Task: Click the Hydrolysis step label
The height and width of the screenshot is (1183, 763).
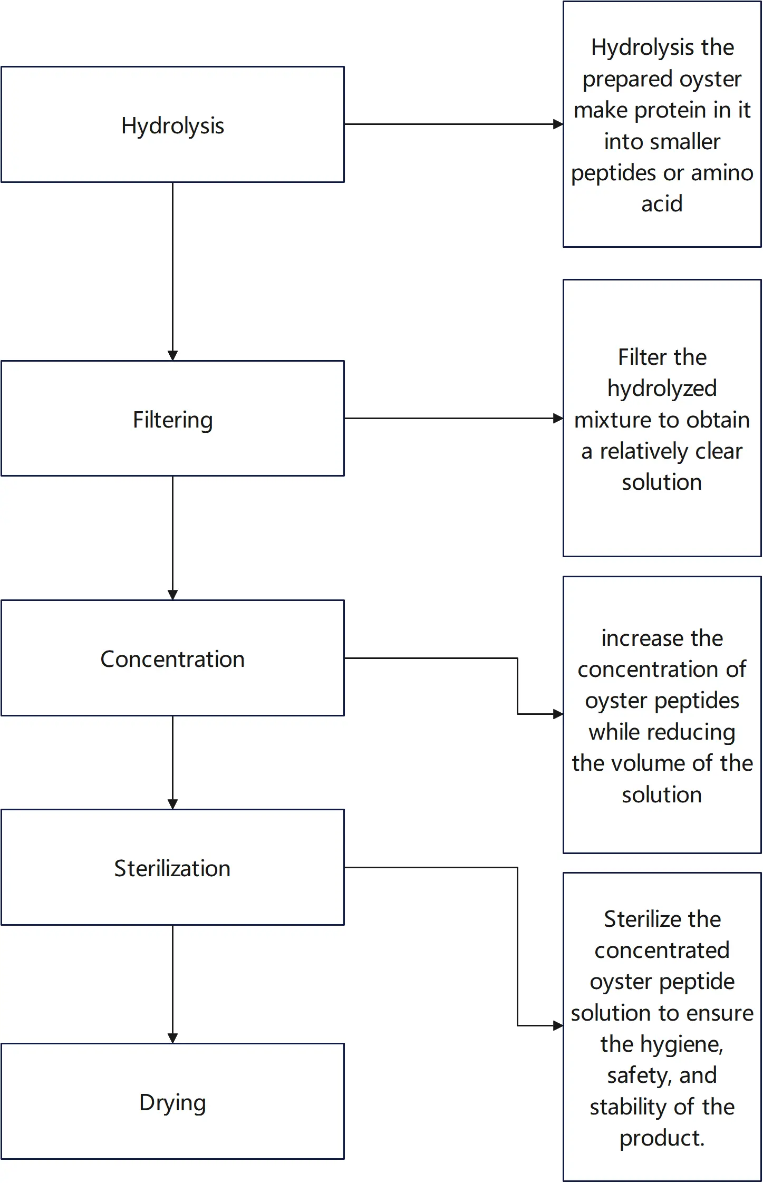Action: click(x=172, y=126)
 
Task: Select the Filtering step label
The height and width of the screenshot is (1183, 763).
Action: click(x=172, y=420)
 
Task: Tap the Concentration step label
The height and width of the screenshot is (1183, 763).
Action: click(x=172, y=660)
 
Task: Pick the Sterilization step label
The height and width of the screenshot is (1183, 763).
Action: click(x=172, y=869)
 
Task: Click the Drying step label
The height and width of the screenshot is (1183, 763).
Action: click(x=172, y=1102)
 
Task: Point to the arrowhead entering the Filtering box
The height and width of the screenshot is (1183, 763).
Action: click(x=172, y=355)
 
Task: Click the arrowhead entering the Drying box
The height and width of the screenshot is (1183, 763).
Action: click(x=172, y=1038)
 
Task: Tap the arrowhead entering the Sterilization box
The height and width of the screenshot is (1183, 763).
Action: click(x=172, y=804)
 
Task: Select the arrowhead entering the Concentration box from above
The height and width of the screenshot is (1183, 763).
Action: click(x=172, y=595)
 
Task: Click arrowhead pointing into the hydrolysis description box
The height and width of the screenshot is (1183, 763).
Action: click(x=558, y=124)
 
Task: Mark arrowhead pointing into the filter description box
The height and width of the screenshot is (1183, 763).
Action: click(x=558, y=419)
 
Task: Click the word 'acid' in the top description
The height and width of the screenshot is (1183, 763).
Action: click(x=662, y=204)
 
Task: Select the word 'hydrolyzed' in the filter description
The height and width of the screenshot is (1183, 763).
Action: click(x=662, y=389)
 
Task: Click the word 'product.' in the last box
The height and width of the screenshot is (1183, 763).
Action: click(x=662, y=1138)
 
